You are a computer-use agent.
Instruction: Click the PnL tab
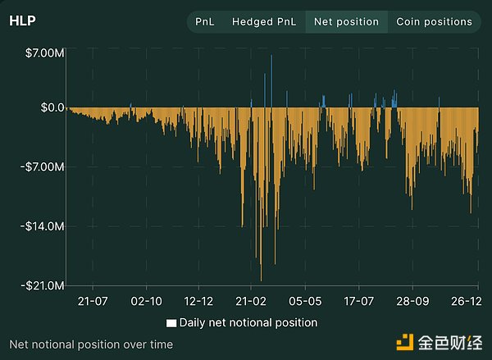[x=204, y=22]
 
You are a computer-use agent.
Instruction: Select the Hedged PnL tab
[x=263, y=22]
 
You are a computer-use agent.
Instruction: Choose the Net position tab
[x=346, y=22]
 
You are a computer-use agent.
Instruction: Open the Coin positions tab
[x=434, y=22]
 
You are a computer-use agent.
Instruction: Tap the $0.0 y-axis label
[x=48, y=107]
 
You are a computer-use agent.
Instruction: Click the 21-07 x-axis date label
[x=93, y=302]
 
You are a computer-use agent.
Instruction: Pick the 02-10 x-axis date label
[x=146, y=302]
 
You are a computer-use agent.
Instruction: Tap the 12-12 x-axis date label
[x=198, y=302]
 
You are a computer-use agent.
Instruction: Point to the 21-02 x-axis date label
[x=251, y=302]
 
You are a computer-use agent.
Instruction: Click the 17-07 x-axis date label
[x=358, y=302]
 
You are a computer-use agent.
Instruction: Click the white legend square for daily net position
[x=171, y=323]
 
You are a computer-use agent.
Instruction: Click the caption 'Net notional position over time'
[x=91, y=344]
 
